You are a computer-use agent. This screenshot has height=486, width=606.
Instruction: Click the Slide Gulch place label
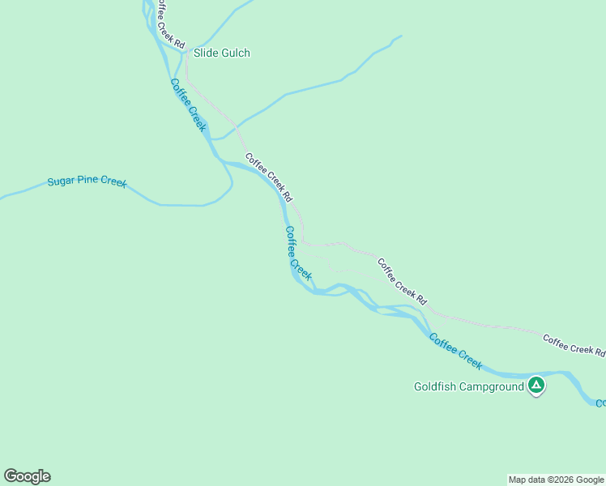pos(221,53)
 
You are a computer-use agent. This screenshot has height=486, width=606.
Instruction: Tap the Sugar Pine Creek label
pos(87,181)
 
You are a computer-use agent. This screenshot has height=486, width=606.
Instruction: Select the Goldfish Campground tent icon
pos(536,386)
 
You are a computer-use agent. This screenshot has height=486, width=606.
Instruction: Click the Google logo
pos(27,476)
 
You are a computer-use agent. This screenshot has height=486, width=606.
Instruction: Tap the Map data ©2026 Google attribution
pos(556,480)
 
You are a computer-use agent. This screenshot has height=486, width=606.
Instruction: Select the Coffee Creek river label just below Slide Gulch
pos(189,105)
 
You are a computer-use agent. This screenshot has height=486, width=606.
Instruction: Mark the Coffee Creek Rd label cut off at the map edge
pos(574,345)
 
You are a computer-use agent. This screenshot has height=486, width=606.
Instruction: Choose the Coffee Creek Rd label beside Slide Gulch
pos(170,23)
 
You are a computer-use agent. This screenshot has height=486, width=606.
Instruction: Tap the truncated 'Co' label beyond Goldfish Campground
pos(600,403)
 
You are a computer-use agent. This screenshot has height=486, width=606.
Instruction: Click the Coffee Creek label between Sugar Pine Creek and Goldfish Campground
pos(298,253)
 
